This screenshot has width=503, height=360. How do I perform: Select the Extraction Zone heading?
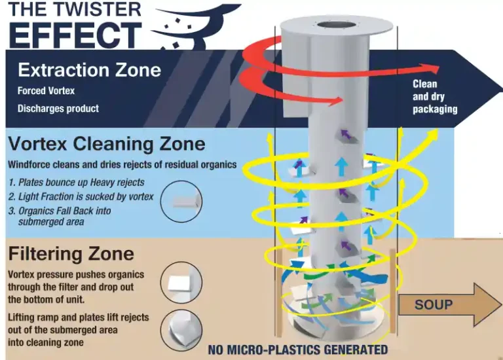(x=89, y=69)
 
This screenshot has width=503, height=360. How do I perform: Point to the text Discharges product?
(x=58, y=108)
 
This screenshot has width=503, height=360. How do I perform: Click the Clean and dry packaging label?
(x=434, y=97)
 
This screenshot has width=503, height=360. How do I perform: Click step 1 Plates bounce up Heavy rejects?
(x=77, y=182)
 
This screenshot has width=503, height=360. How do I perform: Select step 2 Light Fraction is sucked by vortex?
(x=81, y=196)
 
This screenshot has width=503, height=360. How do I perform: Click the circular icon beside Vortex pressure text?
(x=181, y=282)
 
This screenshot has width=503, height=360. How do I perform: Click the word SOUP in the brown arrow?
(x=433, y=305)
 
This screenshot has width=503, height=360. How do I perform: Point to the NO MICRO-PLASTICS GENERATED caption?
(x=298, y=350)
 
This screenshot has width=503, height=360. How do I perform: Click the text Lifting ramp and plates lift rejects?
(x=78, y=317)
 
